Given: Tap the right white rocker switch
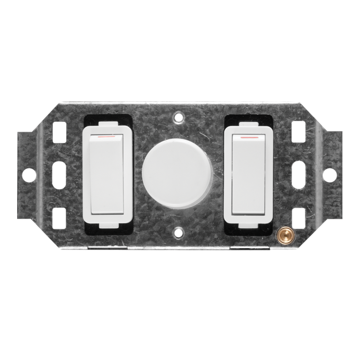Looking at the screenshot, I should click(x=248, y=175).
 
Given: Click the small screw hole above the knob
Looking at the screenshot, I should click(x=179, y=117).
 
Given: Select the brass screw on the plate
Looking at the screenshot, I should click(x=283, y=234).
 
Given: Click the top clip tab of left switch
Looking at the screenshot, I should click(x=108, y=123).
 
